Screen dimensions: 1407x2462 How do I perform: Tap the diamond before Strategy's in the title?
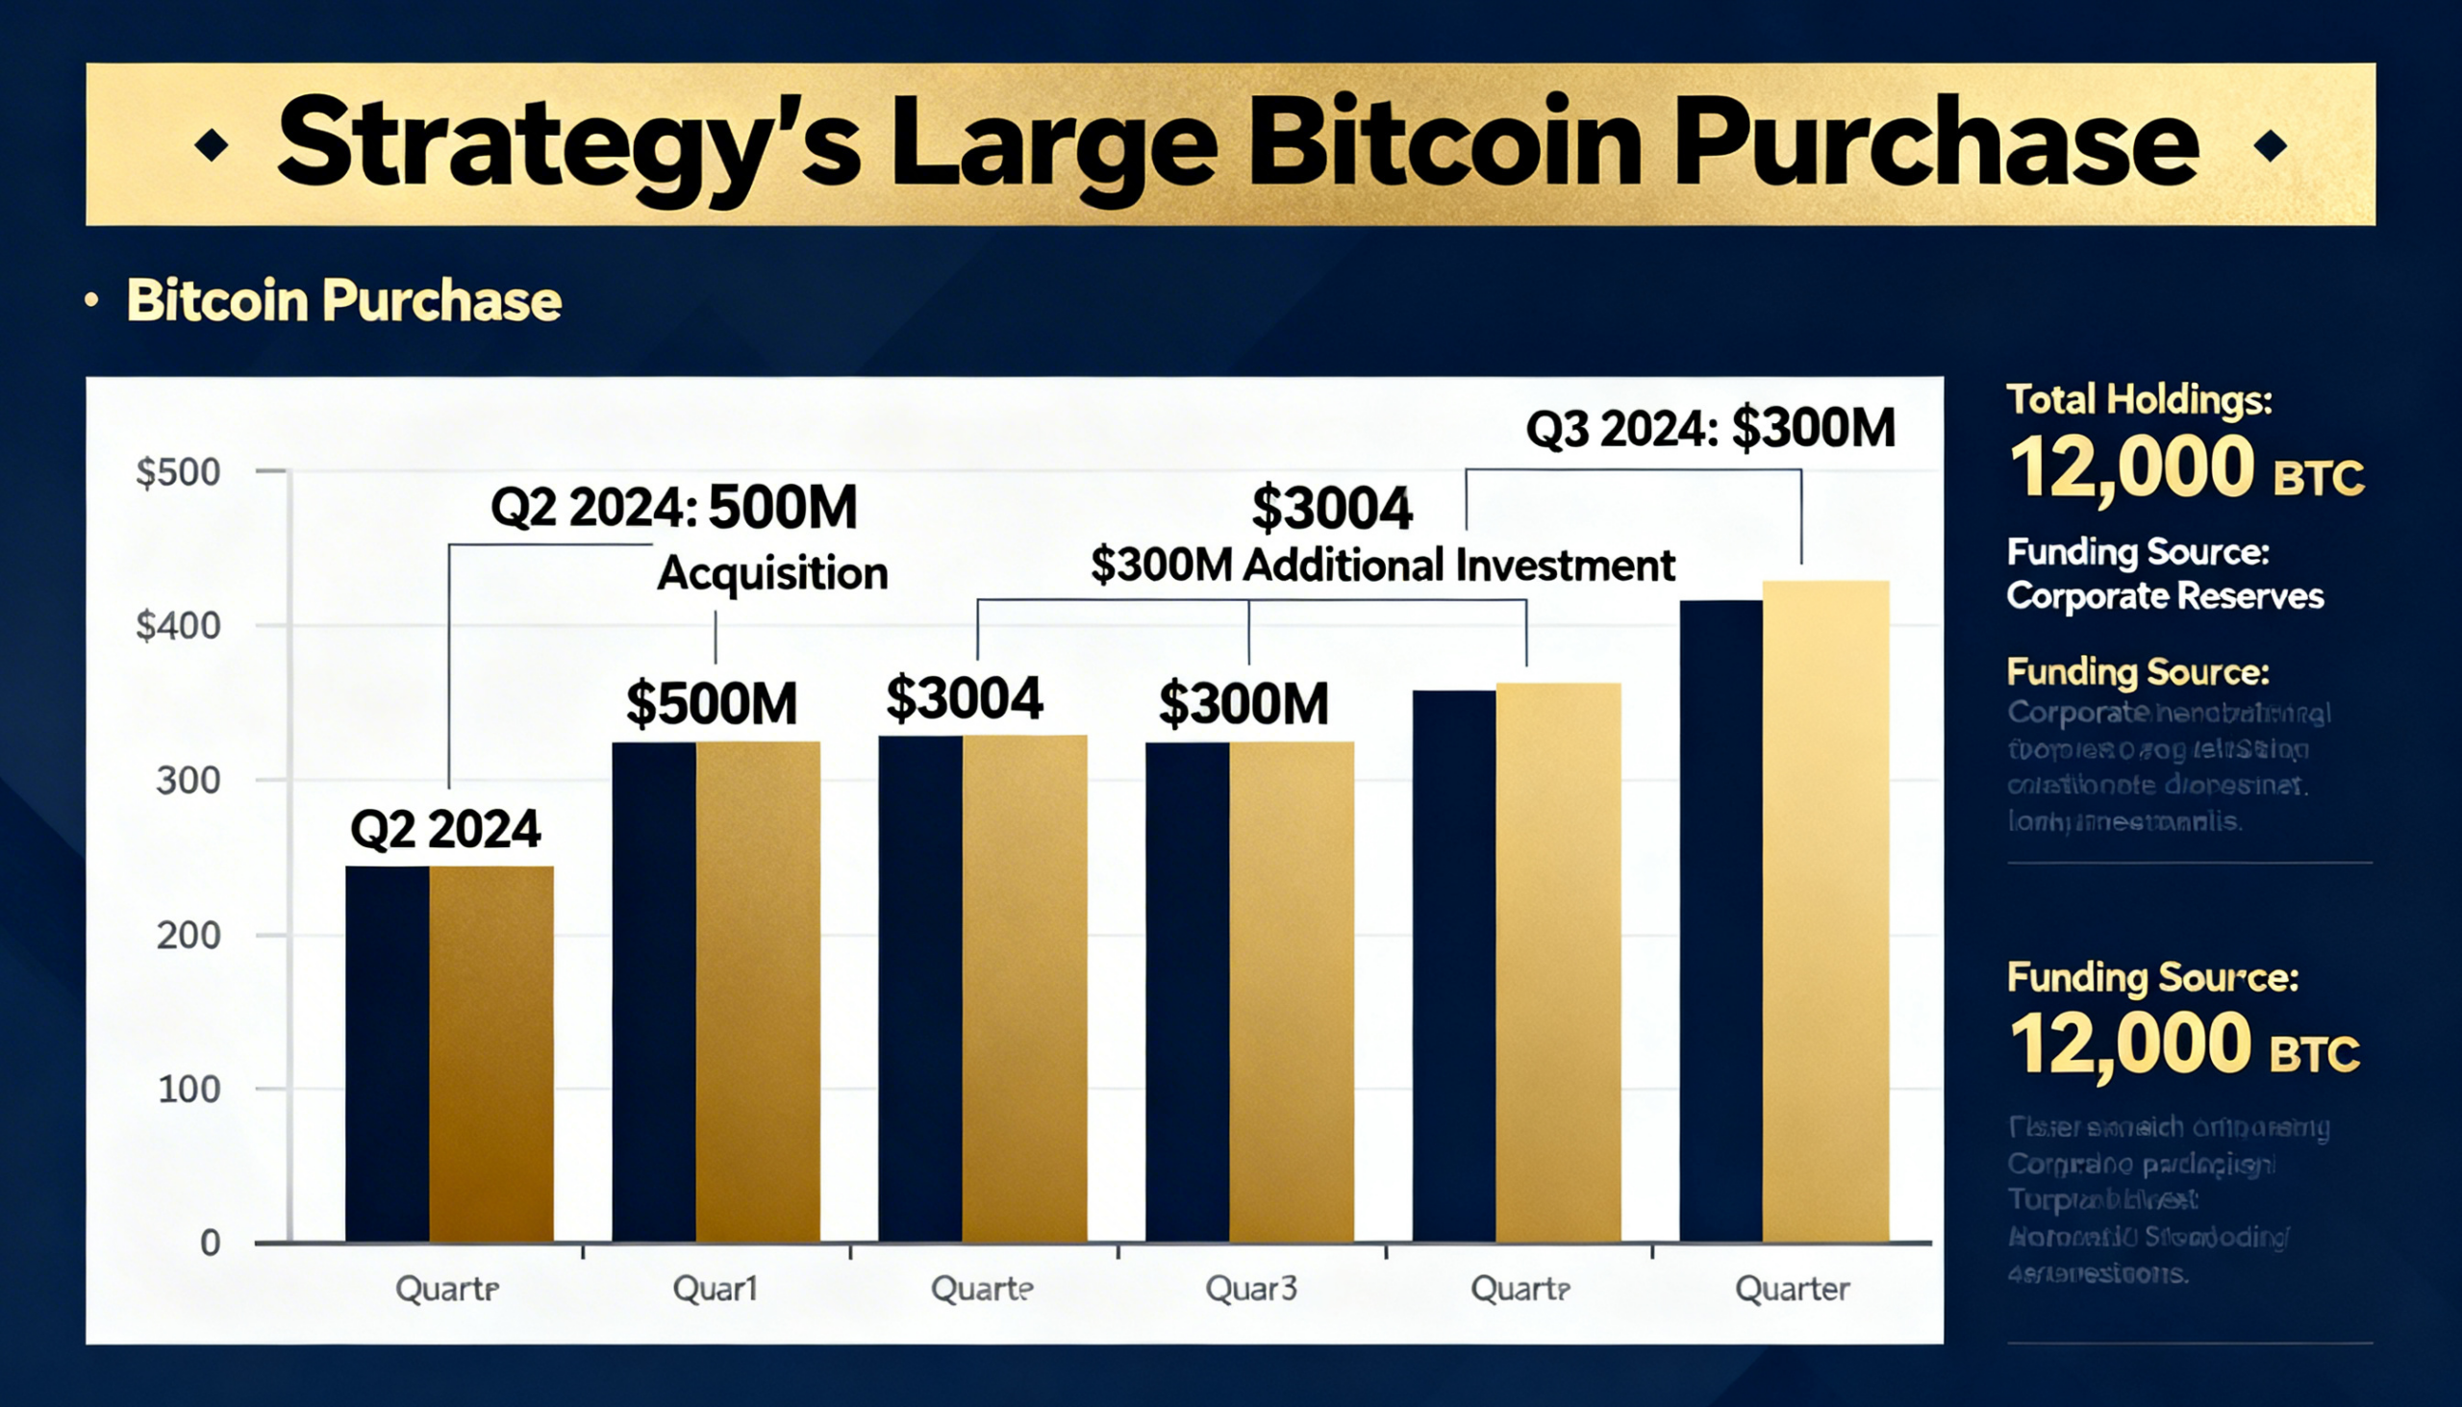click(212, 146)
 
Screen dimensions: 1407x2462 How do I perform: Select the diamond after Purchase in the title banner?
click(2270, 146)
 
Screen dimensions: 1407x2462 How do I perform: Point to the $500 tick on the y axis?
click(179, 472)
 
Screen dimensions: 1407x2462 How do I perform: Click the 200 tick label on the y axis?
click(188, 936)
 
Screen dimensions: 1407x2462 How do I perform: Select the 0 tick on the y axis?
click(210, 1243)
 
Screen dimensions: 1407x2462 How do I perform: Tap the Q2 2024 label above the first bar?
click(445, 830)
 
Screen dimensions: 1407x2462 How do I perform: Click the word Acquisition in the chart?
click(772, 574)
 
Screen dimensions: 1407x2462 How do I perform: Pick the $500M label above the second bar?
click(712, 704)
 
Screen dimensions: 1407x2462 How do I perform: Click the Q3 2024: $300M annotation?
click(1709, 428)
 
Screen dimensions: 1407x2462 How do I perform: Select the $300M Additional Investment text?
click(1383, 565)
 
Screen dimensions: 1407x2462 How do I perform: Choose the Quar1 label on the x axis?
click(715, 1288)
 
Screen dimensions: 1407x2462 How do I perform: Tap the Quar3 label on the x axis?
click(1250, 1288)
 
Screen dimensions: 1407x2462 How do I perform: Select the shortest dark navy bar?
click(388, 1053)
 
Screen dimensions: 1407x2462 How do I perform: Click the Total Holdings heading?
click(2139, 400)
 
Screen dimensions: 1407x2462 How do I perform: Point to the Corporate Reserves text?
click(2165, 596)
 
